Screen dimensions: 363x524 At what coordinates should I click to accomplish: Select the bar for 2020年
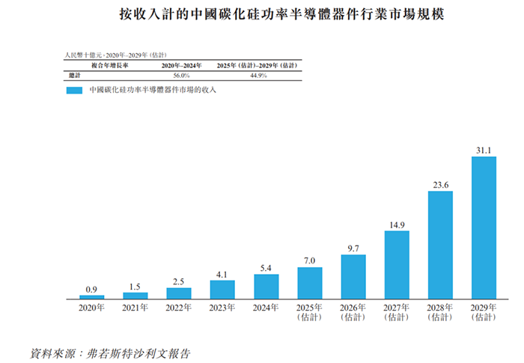[x=92, y=297]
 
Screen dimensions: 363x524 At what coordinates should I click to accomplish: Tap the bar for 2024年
[x=266, y=287]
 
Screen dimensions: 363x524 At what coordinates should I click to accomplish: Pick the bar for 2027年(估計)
[x=397, y=265]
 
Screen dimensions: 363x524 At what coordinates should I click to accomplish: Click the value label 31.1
[x=484, y=150]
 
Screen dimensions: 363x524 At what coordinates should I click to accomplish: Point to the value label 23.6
[x=440, y=185]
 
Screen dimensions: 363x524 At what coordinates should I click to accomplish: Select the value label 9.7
[x=353, y=248]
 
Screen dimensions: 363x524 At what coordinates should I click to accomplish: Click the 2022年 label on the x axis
[x=179, y=307]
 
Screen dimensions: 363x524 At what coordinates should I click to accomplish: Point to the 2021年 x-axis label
[x=135, y=307]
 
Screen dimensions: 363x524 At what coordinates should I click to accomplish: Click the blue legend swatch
[x=73, y=91]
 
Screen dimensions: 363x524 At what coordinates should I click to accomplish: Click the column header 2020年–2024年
[x=182, y=66]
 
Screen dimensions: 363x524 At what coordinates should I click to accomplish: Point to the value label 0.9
[x=92, y=289]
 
